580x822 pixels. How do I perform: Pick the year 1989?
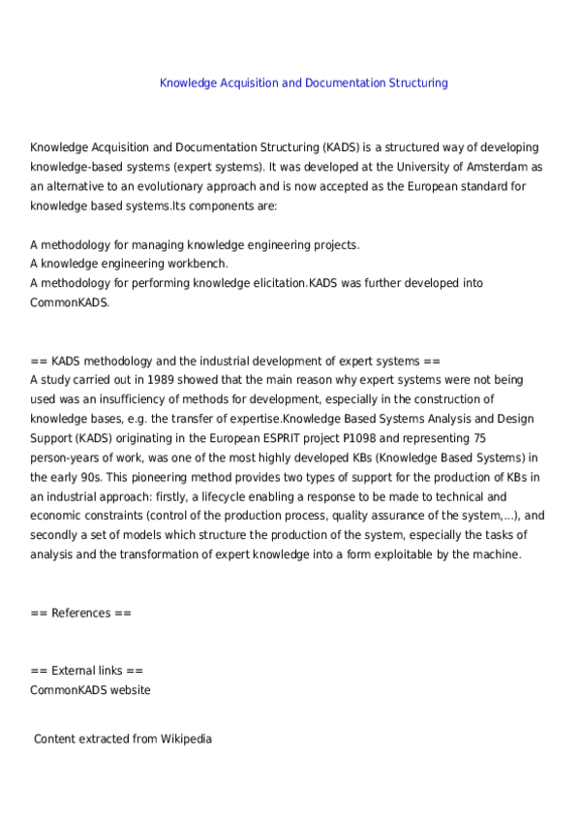(150, 380)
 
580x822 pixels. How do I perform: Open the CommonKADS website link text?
(90, 690)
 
